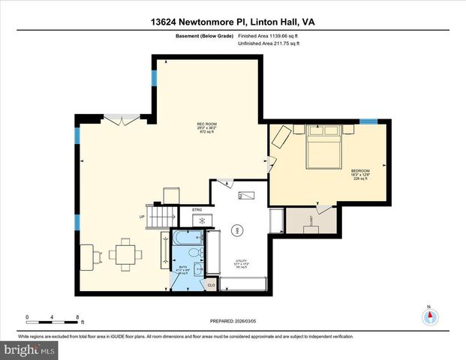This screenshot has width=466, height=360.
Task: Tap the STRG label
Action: [x=197, y=210]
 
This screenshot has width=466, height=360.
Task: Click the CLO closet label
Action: [x=211, y=285]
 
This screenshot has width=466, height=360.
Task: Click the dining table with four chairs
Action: [x=124, y=254]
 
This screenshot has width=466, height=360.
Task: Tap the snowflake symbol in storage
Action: [x=201, y=220]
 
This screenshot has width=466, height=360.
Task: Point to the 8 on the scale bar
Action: [x=77, y=316]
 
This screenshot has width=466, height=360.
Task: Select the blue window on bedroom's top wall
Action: [x=368, y=121]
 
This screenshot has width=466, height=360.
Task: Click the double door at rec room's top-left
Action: [x=122, y=117]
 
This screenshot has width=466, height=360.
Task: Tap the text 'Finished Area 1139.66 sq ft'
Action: [x=269, y=35]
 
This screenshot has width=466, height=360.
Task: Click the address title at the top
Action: [x=233, y=22]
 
